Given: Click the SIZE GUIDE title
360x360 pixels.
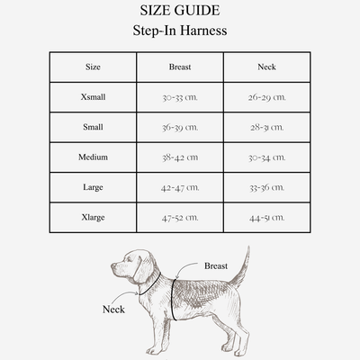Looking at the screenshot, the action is pyautogui.click(x=179, y=12).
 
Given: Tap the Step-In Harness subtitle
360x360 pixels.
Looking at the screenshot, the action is pyautogui.click(x=179, y=31).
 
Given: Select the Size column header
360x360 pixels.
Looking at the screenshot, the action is pyautogui.click(x=93, y=67).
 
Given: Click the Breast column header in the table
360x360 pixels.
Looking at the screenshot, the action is pyautogui.click(x=179, y=67).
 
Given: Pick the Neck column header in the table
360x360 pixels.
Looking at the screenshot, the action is pyautogui.click(x=266, y=67).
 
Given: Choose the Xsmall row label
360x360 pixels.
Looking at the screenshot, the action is pyautogui.click(x=93, y=96).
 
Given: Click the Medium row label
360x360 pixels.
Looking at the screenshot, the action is pyautogui.click(x=93, y=157).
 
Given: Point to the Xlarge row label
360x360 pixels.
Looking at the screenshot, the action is pyautogui.click(x=93, y=217).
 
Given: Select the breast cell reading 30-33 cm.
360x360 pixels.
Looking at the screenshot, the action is pyautogui.click(x=179, y=96).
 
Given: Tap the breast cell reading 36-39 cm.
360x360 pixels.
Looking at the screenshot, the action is pyautogui.click(x=179, y=127).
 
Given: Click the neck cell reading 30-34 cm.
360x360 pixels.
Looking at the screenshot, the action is pyautogui.click(x=266, y=157).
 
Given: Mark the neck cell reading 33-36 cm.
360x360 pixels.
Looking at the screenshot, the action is pyautogui.click(x=266, y=187).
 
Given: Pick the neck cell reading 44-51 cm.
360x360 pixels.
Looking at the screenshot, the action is pyautogui.click(x=266, y=217).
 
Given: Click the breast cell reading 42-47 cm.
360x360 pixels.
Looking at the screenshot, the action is pyautogui.click(x=179, y=187).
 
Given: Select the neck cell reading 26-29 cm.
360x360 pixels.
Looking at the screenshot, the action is pyautogui.click(x=266, y=96).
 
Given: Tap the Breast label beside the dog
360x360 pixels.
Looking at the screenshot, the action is pyautogui.click(x=216, y=266).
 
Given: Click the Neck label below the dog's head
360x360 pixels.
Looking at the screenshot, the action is pyautogui.click(x=113, y=309).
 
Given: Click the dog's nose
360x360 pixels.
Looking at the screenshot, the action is pyautogui.click(x=113, y=266).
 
